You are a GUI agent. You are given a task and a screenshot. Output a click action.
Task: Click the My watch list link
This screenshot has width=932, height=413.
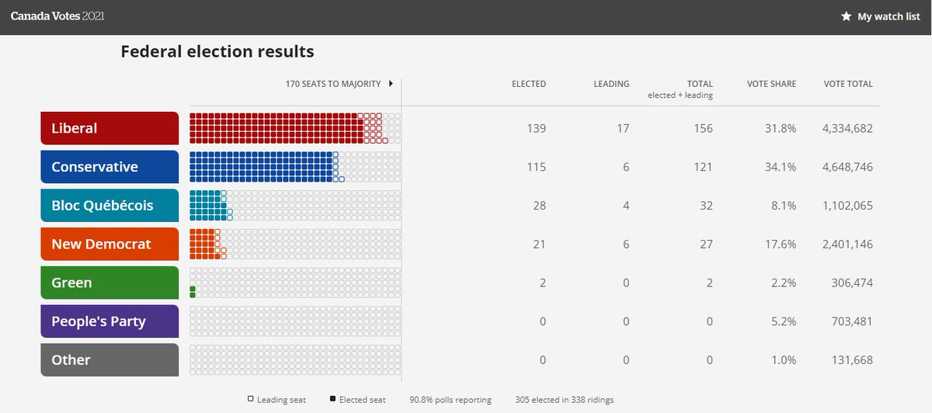[x=889, y=16]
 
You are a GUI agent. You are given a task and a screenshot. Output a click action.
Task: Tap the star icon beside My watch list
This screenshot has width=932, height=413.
[x=847, y=16]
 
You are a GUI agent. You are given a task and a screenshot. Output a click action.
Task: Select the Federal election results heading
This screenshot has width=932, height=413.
[x=217, y=52]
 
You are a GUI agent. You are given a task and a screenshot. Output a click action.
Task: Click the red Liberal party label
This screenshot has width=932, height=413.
[x=110, y=128]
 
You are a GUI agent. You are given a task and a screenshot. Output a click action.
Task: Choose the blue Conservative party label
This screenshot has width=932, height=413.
[x=110, y=167]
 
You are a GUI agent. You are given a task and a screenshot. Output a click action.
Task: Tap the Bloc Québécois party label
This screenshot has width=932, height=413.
[x=110, y=206]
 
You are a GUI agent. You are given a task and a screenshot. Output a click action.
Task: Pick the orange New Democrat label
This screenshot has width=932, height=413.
[x=110, y=244]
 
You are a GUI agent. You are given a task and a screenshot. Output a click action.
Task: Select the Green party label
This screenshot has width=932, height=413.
[x=110, y=283]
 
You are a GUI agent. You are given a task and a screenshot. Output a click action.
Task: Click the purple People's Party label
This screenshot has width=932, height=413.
[x=110, y=321]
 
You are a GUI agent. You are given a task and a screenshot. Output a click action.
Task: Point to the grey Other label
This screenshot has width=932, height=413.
[x=110, y=359]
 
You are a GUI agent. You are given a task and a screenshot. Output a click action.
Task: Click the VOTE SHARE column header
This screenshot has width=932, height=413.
[x=771, y=84]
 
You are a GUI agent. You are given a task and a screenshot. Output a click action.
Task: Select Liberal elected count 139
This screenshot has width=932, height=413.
[x=535, y=128]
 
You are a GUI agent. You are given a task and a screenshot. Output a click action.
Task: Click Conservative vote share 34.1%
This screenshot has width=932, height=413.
[x=781, y=167]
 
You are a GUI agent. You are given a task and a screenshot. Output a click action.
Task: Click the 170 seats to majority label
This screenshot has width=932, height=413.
[x=334, y=84]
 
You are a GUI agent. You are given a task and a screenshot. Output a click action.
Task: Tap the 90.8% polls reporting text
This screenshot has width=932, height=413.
[x=450, y=400]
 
